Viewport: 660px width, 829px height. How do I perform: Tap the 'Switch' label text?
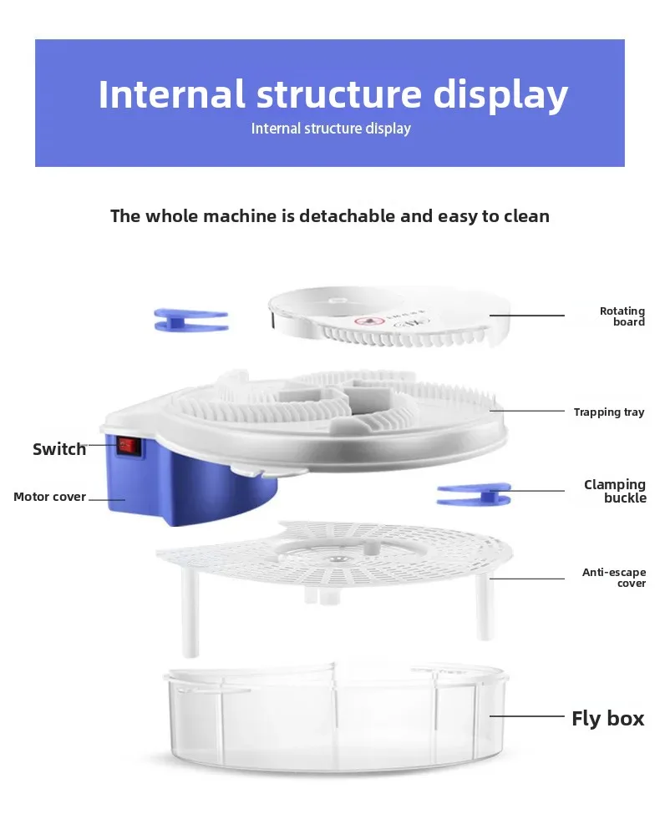coord(58,449)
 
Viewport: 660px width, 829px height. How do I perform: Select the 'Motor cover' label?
coord(49,497)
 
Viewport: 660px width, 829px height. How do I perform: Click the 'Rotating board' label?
coord(622,316)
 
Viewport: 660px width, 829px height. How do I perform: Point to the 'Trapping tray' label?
coord(609,412)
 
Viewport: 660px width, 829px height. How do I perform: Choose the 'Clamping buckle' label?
coord(615,491)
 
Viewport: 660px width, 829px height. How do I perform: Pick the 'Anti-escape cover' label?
coord(614,578)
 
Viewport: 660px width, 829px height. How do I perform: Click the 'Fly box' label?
coord(607,718)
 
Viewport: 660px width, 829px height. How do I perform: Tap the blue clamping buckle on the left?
coord(191,319)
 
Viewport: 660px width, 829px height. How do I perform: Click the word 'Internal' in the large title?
coord(171,94)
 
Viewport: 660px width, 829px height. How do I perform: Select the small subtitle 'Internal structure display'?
coord(331,129)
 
